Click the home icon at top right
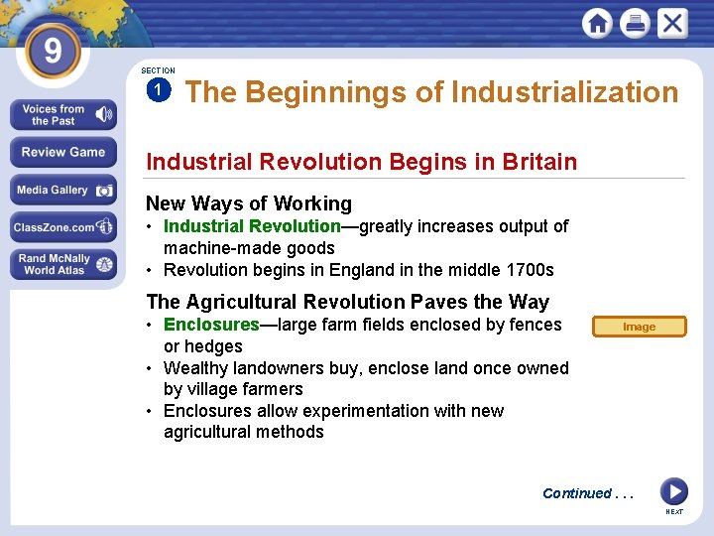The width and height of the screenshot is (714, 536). tap(597, 23)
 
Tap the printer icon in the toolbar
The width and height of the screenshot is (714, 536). tap(635, 23)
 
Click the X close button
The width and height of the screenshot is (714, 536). tap(672, 23)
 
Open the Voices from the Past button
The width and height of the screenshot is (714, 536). tap(63, 115)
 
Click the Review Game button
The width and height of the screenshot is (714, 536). tap(63, 152)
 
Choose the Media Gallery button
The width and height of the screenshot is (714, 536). tap(63, 190)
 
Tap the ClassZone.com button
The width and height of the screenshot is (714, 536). tap(63, 227)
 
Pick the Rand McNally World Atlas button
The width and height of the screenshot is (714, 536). tap(63, 264)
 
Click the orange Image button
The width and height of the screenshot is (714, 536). tap(639, 327)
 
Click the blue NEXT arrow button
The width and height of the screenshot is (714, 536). tap(673, 491)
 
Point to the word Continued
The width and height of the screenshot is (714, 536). tap(576, 493)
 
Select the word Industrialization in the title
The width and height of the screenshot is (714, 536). tap(564, 92)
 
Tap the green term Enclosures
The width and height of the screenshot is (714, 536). tap(211, 325)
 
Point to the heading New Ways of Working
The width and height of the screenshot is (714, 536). tap(248, 203)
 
